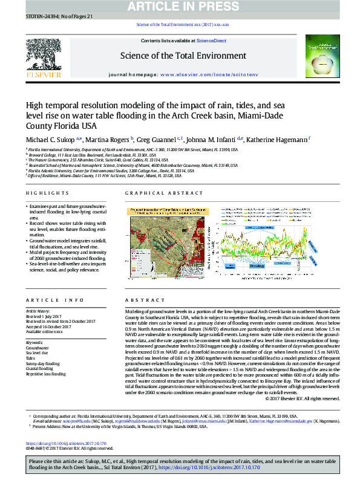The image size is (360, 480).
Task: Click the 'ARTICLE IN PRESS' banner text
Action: (x=180, y=7)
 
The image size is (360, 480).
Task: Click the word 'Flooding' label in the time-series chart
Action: (x=257, y=265)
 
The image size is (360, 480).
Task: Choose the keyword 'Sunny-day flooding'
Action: (x=42, y=364)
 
